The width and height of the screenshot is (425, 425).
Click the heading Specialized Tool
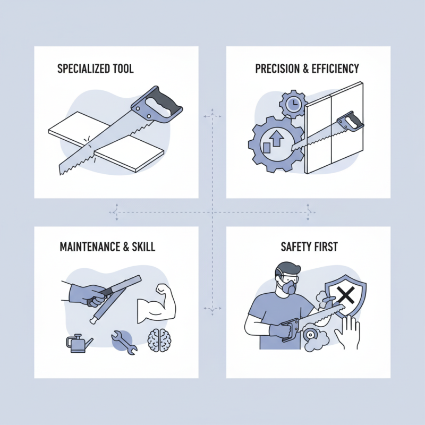pos(96,69)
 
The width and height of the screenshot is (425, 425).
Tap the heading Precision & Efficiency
pos(307,69)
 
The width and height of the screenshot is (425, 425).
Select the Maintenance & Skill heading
pos(107,246)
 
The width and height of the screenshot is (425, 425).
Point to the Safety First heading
pos(309,246)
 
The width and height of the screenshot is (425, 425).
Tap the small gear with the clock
pos(293,104)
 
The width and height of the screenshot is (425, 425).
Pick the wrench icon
pos(124,343)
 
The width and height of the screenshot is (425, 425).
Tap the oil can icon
pos(79,343)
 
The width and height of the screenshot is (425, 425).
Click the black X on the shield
pos(345,295)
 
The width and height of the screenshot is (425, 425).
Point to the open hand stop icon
pos(348,333)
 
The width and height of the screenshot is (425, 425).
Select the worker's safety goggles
pos(288,278)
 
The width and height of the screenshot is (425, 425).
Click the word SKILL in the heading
pos(143,246)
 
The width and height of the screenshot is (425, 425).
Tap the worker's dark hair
pos(288,269)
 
